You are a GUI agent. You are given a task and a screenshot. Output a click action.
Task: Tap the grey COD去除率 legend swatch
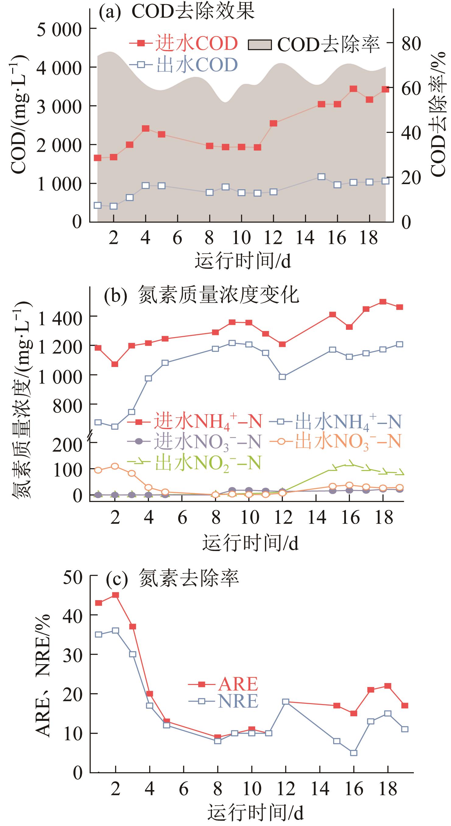coord(260,45)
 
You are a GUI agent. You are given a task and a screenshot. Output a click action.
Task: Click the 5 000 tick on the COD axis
coord(59,30)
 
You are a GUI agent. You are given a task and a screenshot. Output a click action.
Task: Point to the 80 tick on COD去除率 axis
coord(411,43)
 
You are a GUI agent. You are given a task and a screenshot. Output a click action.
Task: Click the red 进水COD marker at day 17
coord(353,89)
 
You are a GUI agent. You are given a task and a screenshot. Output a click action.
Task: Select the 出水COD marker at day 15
coord(322,177)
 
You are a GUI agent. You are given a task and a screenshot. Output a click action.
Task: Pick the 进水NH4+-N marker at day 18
coord(383,302)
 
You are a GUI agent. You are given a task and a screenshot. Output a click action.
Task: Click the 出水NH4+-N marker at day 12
coord(282,376)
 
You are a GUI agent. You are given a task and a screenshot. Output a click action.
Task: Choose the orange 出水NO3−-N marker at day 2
coord(115,466)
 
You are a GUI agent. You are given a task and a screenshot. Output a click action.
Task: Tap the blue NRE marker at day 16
coord(354,753)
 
